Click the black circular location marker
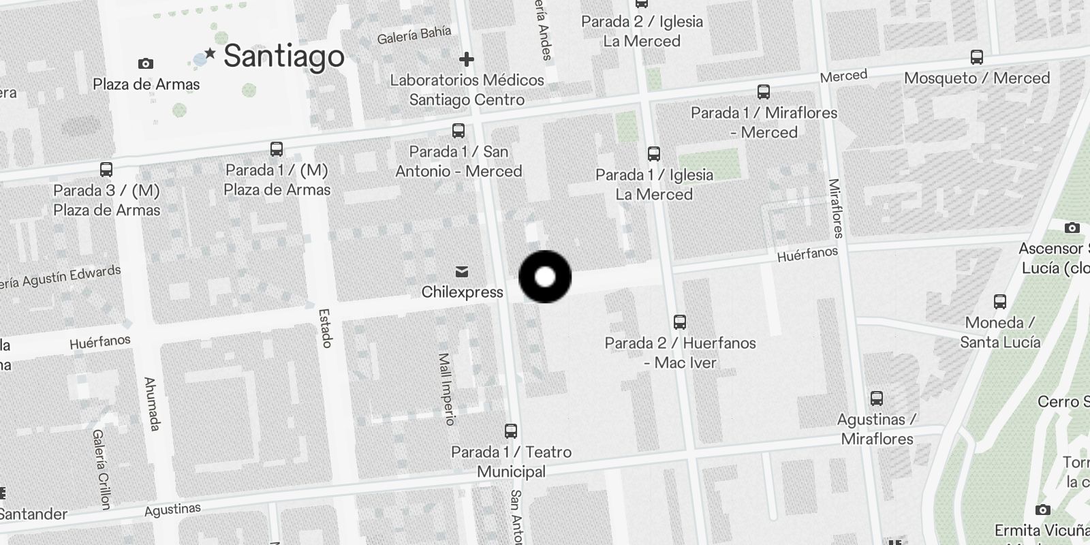[545, 277]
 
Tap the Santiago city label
[284, 56]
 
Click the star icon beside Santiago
[210, 53]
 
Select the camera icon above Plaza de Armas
[145, 64]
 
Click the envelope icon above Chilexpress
[462, 272]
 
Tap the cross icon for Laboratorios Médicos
[467, 59]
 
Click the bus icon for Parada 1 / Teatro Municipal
[511, 431]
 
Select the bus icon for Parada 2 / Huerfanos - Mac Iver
[679, 322]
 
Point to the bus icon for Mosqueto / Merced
[976, 57]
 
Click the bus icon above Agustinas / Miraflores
[877, 399]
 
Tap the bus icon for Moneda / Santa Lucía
[999, 301]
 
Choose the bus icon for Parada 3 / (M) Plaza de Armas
[106, 169]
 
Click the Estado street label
[325, 328]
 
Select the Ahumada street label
[152, 403]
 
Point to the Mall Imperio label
[446, 389]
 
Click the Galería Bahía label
[414, 35]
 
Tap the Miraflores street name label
[836, 208]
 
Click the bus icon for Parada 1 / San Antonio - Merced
[458, 130]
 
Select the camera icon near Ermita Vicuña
[1042, 510]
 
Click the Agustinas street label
[172, 510]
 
